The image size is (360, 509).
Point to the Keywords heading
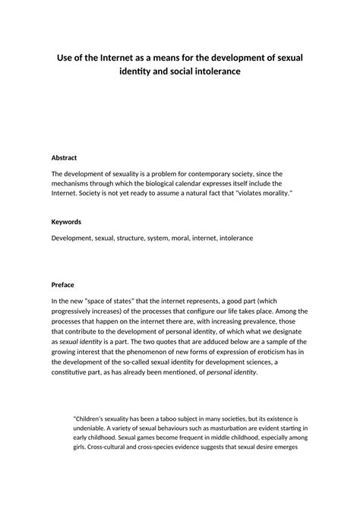(x=66, y=222)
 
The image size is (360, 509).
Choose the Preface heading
(x=63, y=285)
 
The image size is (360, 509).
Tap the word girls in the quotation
(x=80, y=447)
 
